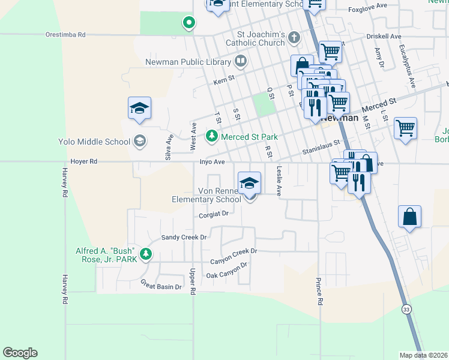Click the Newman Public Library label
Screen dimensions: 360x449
188,61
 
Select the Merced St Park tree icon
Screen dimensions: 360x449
211,137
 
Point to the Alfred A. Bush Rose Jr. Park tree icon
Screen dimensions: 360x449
145,255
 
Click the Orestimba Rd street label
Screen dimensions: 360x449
65,35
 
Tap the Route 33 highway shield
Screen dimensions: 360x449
407,309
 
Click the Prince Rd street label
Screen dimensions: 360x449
320,291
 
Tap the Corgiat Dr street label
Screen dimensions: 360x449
214,214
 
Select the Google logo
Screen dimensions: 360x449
20,353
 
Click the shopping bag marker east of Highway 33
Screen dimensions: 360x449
409,217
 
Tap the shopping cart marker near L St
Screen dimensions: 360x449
406,127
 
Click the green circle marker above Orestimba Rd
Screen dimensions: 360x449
188,23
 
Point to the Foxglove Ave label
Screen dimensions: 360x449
368,10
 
